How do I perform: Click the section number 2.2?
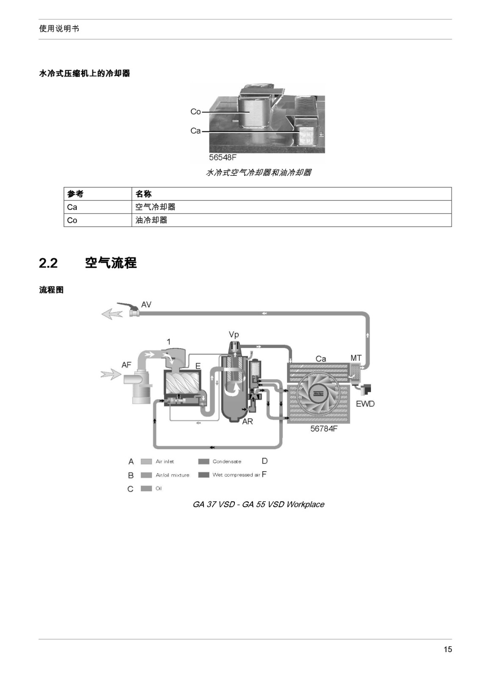pyautogui.click(x=48, y=263)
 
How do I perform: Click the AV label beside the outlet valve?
pyautogui.click(x=146, y=305)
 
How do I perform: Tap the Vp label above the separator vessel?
pyautogui.click(x=234, y=335)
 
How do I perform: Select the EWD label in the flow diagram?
pyautogui.click(x=365, y=404)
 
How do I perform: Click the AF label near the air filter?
pyautogui.click(x=126, y=365)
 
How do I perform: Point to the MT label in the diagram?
pyautogui.click(x=356, y=358)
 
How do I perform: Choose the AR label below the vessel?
pyautogui.click(x=248, y=422)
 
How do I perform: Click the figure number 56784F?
pyautogui.click(x=324, y=429)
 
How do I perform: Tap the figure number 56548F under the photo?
pyautogui.click(x=223, y=157)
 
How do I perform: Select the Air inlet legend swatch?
pyautogui.click(x=146, y=461)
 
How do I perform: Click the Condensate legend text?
pyautogui.click(x=227, y=461)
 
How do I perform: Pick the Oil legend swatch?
pyautogui.click(x=146, y=489)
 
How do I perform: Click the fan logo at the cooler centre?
pyautogui.click(x=318, y=394)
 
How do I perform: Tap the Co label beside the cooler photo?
pyautogui.click(x=195, y=112)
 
